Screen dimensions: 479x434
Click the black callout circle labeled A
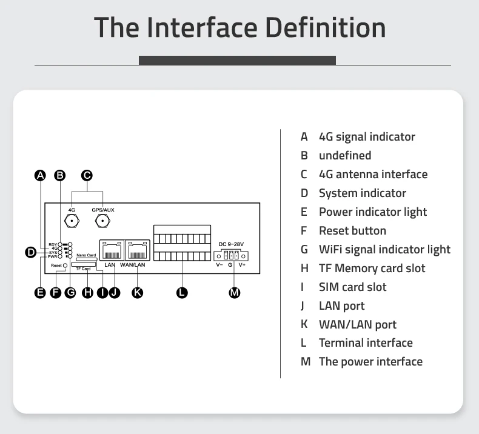coord(41,175)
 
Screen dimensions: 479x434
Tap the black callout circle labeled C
coord(87,175)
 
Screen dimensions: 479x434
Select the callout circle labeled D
coord(30,252)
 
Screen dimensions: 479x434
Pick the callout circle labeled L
coord(182,293)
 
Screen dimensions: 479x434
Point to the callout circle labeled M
coord(234,293)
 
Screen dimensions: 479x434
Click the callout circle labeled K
coord(138,293)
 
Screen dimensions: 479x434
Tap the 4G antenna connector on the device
coord(72,221)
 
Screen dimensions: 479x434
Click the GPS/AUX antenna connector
coord(102,221)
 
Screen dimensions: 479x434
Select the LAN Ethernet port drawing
coord(112,250)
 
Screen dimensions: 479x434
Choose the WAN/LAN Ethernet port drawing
coord(138,250)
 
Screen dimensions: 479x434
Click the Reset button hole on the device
coord(65,265)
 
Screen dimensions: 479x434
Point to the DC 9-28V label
coord(231,244)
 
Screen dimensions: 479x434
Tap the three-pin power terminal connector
coord(231,255)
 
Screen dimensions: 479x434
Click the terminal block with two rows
coord(182,243)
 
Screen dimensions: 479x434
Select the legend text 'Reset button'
coord(352,230)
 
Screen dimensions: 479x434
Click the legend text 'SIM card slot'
coord(352,287)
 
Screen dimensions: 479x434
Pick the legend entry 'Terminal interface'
coord(366,343)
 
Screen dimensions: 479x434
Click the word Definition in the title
coord(326,27)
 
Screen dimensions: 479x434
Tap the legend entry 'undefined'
coord(345,155)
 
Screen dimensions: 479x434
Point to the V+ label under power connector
coord(242,265)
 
